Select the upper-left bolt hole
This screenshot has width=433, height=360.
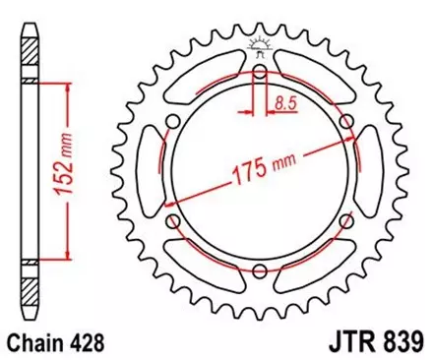coord(173,121)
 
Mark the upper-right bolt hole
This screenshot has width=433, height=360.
coord(346,121)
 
